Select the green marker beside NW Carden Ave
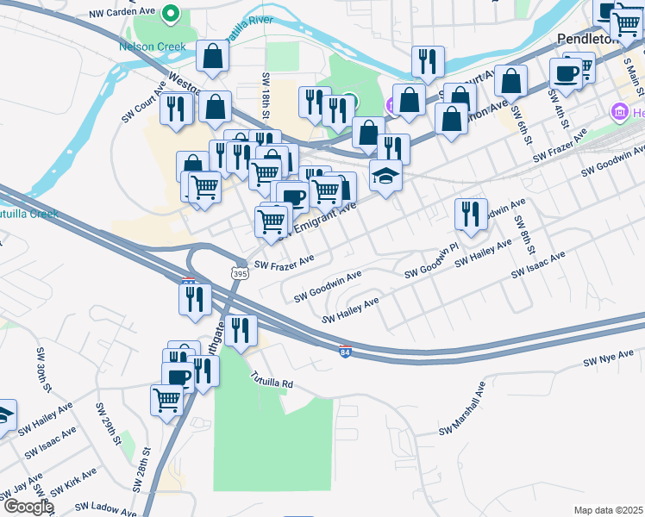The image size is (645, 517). [x=171, y=14]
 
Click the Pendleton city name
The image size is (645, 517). [x=589, y=40]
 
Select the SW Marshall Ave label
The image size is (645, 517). [x=469, y=419]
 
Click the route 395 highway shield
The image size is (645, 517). [x=239, y=272]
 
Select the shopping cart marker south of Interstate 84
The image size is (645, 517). [x=166, y=398]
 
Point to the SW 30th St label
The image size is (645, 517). [x=41, y=368]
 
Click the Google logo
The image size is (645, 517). [x=28, y=507]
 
